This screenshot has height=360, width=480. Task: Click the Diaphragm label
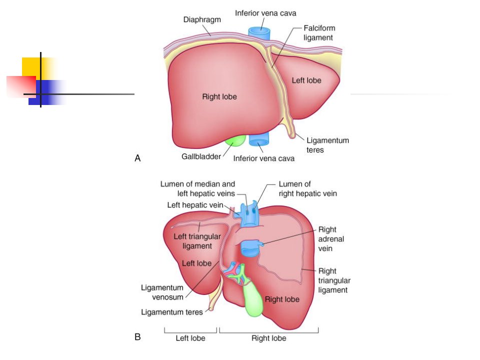202,19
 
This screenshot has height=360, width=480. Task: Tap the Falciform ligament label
319,33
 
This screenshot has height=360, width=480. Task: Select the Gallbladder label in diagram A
201,156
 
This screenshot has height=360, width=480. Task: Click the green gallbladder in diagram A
235,140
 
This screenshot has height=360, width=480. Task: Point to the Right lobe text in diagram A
219,96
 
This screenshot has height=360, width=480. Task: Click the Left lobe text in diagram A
306,80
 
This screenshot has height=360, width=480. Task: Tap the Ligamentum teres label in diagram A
327,145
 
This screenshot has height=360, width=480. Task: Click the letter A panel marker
138,158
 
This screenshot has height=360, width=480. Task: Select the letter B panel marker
138,337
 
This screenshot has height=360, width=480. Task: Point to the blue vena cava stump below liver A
259,139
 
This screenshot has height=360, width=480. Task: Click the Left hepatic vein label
195,205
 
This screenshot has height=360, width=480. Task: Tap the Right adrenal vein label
331,239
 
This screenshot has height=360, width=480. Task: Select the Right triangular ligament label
334,280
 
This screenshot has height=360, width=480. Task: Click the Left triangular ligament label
197,241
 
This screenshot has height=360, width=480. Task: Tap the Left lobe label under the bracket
190,338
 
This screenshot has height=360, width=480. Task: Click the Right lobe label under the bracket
269,338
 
